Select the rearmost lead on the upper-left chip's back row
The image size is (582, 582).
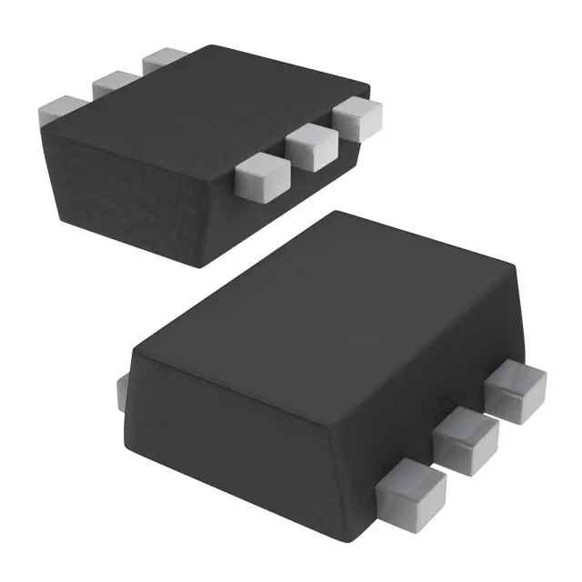(x=163, y=59)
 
